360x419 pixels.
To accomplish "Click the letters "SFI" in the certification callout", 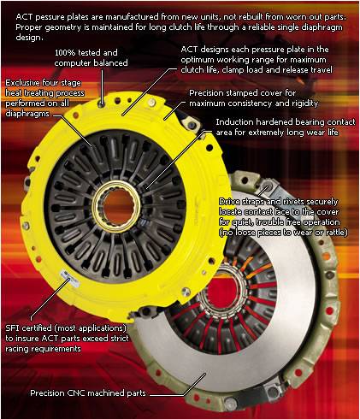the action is pyautogui.click(x=13, y=328).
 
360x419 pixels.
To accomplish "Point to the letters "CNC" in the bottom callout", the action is pyautogui.click(x=76, y=393).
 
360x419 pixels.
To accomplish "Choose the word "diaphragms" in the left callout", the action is pyautogui.click(x=27, y=114).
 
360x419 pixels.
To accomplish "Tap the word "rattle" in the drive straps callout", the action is pyautogui.click(x=336, y=233).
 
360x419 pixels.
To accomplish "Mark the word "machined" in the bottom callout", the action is pyautogui.click(x=106, y=393).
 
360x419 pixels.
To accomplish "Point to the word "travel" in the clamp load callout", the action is pyautogui.click(x=321, y=70).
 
